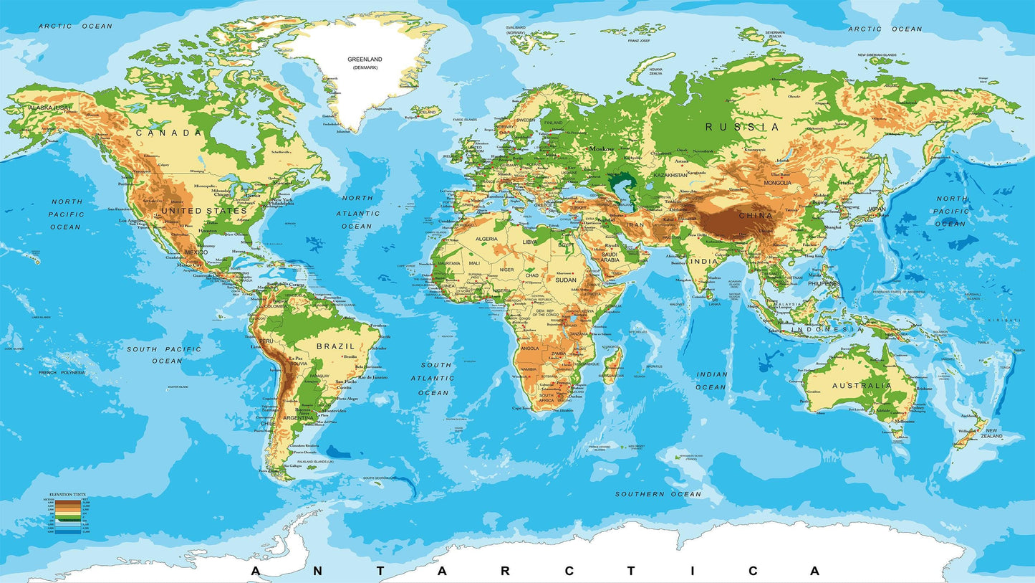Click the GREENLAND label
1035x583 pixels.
point(365,60)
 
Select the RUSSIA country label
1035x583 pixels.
point(742,127)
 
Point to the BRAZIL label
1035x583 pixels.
point(336,346)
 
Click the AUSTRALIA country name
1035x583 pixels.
point(862,386)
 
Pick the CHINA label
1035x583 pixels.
point(756,215)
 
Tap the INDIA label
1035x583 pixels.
point(704,261)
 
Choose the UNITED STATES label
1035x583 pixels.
point(204,211)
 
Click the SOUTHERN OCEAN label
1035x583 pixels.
point(659,494)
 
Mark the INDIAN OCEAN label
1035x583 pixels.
point(712,381)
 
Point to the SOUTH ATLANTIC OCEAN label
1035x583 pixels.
point(435,379)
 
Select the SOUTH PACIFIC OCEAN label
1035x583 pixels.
point(164,354)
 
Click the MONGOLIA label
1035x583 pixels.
point(776,183)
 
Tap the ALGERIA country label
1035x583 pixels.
point(486,239)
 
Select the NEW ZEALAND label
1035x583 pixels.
point(991,433)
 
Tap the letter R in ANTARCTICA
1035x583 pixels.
point(506,572)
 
